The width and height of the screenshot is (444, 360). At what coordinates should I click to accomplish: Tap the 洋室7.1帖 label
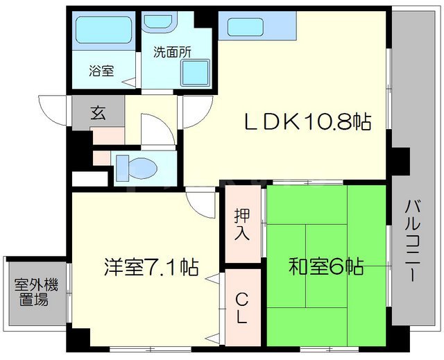click(x=152, y=266)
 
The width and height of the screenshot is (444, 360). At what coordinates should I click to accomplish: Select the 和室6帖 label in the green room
click(x=326, y=266)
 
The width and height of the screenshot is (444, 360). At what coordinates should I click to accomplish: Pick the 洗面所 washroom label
click(x=172, y=51)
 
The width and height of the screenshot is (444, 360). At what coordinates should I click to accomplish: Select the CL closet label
click(x=241, y=308)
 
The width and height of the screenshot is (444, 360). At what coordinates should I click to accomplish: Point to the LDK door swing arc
click(x=197, y=114)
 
